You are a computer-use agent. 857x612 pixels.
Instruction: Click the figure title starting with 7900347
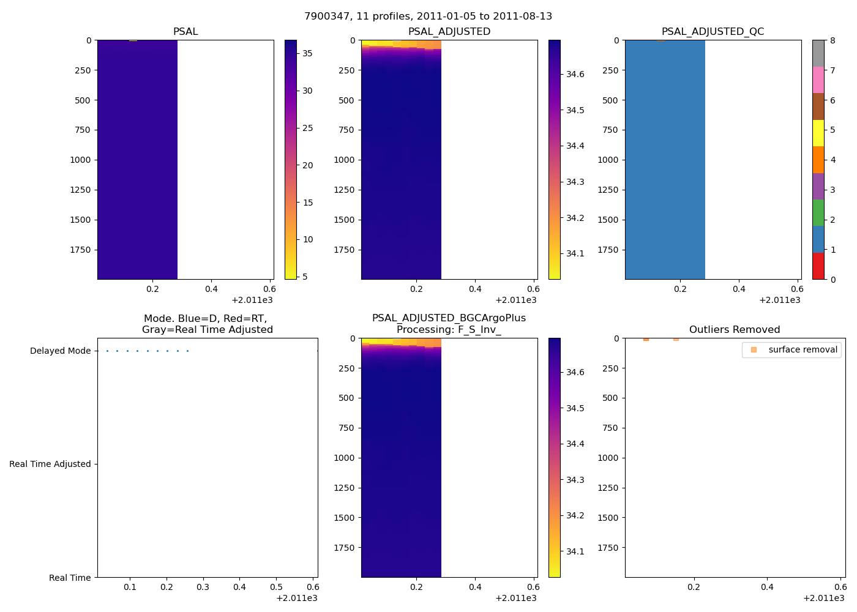click(428, 17)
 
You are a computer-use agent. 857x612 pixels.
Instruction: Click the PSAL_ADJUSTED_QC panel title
click(713, 32)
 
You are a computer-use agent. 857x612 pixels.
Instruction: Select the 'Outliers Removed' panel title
click(735, 330)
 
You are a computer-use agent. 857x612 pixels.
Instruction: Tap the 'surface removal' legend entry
click(803, 350)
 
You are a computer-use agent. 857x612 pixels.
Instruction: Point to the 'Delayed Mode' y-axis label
click(60, 351)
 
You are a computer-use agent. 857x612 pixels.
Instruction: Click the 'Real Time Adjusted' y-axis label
click(50, 465)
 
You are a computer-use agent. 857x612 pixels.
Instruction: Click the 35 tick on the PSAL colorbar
click(307, 53)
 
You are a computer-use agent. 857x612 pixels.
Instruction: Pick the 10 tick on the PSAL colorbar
click(308, 239)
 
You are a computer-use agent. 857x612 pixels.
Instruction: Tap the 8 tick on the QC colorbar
click(833, 40)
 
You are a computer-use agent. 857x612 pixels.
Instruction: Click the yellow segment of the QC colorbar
click(818, 133)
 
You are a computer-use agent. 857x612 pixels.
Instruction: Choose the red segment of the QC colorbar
click(818, 266)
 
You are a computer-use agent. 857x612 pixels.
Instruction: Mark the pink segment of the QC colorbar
click(818, 80)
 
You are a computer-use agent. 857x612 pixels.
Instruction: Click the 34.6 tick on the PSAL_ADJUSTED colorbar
click(575, 75)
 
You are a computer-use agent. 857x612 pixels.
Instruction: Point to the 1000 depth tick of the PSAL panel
click(80, 160)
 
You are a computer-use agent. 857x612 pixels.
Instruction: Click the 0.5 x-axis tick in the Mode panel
click(276, 587)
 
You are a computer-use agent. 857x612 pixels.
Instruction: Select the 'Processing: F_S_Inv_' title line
click(449, 330)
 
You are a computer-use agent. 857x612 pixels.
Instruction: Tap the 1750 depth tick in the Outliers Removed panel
click(608, 548)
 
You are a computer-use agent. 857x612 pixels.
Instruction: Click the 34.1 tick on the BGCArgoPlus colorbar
click(575, 551)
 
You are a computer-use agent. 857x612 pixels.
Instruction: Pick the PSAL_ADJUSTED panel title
click(449, 32)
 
